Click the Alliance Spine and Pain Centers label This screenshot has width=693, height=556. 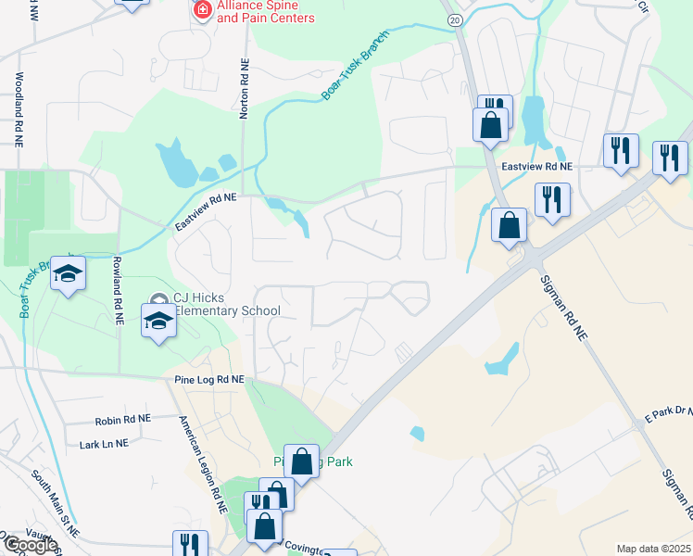point(265,12)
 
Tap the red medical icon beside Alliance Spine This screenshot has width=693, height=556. point(201,9)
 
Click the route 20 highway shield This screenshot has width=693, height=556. point(453,19)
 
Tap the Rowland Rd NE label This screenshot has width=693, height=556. point(118,289)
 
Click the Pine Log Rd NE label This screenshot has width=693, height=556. point(208,380)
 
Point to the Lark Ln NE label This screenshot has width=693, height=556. point(104,444)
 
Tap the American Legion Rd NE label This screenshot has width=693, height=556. point(203,465)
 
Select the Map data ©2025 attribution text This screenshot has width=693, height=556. point(653,549)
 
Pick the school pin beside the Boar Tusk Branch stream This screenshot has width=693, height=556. point(68,274)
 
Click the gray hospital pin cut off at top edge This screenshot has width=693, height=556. point(132,3)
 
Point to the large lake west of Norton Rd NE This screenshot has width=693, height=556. point(175,163)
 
